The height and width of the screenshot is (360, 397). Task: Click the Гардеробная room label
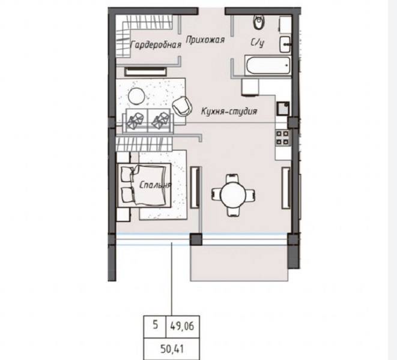coord(156,45)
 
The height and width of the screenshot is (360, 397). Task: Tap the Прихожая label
coord(205,40)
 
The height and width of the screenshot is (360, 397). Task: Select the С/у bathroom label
coord(258,43)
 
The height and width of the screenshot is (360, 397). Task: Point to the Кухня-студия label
coord(229,112)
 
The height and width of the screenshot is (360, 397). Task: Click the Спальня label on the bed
coord(156,185)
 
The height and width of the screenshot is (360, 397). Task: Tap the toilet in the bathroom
coord(259,22)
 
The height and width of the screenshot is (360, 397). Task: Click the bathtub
coord(268,65)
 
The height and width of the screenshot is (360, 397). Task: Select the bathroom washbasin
coord(285,44)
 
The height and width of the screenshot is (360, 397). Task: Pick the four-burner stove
coord(282,137)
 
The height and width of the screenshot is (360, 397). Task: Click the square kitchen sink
coord(283,108)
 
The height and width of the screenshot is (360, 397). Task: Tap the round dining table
coord(233,195)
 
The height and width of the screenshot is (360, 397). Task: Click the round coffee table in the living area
coord(136,96)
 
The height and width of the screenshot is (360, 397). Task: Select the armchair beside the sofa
coord(181,106)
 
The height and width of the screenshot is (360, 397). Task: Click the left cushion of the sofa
coord(135,120)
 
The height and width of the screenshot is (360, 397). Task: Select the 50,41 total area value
coord(172,349)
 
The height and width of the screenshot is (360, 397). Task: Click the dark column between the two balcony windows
coord(196,239)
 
